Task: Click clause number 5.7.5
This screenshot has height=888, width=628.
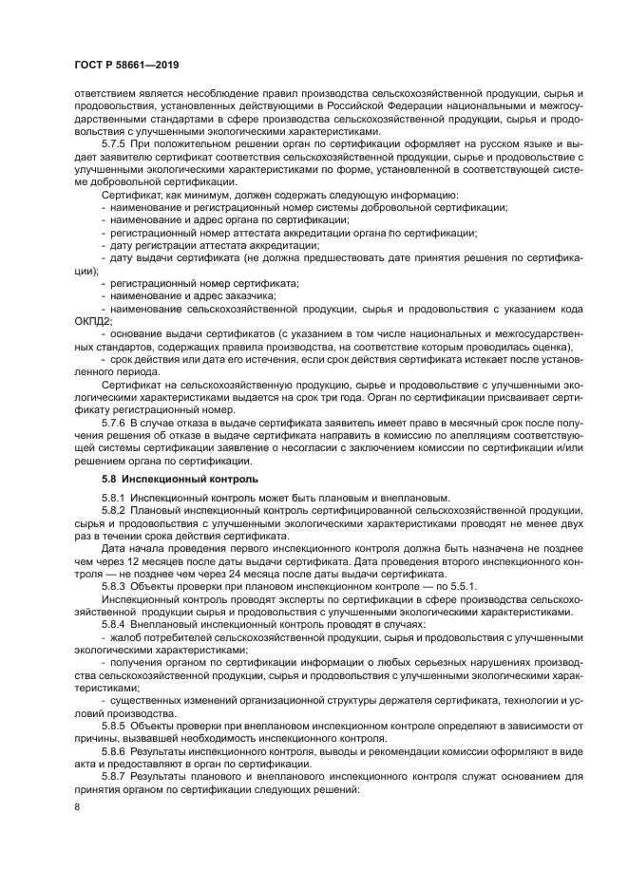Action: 114,142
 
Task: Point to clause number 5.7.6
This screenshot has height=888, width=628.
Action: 114,419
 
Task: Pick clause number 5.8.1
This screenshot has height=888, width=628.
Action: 114,498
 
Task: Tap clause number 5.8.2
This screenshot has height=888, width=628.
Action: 114,511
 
